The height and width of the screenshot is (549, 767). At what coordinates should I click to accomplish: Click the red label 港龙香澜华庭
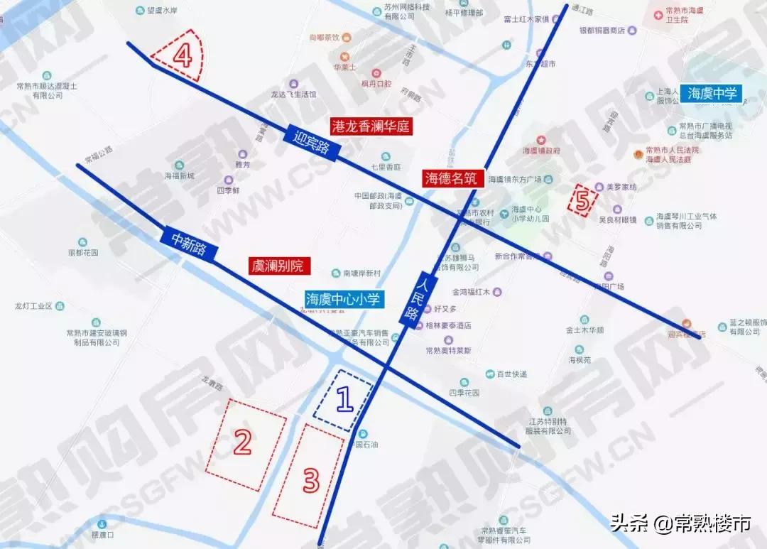(371, 127)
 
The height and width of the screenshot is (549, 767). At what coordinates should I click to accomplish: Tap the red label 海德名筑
(452, 178)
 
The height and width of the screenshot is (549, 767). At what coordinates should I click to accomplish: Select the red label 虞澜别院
(276, 266)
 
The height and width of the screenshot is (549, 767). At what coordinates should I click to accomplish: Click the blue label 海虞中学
(712, 93)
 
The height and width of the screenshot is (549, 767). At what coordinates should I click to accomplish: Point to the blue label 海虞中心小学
(344, 300)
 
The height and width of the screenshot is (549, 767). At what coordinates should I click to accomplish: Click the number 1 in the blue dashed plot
(344, 400)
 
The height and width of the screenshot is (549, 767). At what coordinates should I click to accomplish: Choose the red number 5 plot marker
(582, 201)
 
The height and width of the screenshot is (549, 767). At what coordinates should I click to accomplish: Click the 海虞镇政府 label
(542, 151)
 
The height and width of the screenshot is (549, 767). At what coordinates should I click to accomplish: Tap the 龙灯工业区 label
(34, 306)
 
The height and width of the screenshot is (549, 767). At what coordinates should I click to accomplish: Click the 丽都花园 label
(83, 252)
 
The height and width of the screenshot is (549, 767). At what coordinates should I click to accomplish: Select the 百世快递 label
(511, 374)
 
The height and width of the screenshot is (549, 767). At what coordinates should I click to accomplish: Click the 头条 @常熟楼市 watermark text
(680, 524)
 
